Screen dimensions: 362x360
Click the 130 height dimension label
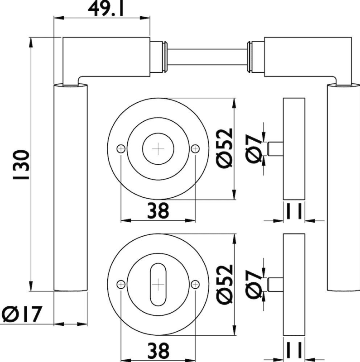click(x=20, y=165)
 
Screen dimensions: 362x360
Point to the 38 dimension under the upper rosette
click(x=158, y=210)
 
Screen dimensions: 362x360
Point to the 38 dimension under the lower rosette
click(x=158, y=350)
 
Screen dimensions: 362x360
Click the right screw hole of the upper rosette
click(x=195, y=148)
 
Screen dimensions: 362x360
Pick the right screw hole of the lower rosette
click(x=195, y=284)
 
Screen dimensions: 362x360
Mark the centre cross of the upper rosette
click(x=158, y=148)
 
